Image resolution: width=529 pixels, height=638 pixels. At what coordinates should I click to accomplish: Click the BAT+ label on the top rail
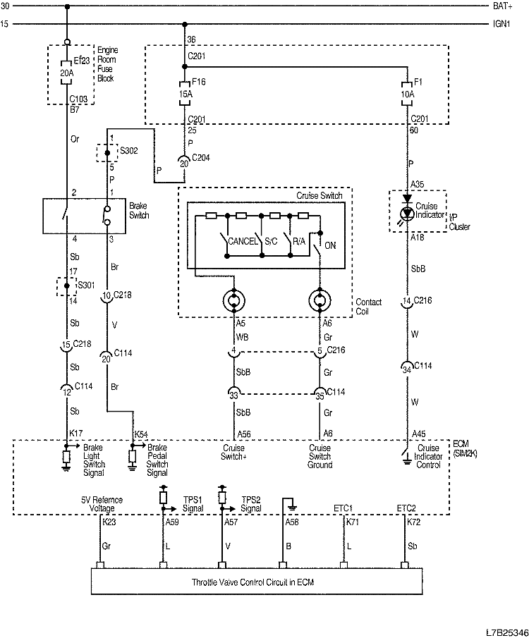[506, 6]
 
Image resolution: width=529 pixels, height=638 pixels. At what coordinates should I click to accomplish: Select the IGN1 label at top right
[506, 24]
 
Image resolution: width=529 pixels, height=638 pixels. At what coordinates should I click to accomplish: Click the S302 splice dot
[107, 152]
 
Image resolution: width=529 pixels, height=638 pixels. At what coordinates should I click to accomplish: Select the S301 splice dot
[66, 286]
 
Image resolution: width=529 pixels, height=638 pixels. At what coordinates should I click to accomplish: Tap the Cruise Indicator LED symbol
[408, 212]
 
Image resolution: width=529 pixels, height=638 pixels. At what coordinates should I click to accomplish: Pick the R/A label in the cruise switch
[298, 242]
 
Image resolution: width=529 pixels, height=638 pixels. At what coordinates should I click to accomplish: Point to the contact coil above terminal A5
[234, 301]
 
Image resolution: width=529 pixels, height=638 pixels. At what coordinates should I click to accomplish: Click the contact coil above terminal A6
[320, 301]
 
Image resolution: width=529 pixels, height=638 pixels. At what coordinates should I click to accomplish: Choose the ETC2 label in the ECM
[406, 507]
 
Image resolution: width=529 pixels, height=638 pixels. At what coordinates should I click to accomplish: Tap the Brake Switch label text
[138, 210]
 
